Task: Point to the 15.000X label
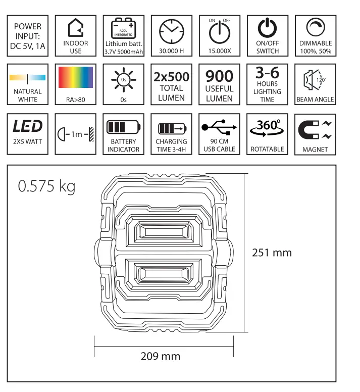220,51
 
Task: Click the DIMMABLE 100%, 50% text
315,47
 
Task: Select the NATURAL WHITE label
28,95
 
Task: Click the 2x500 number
172,77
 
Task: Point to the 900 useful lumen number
220,77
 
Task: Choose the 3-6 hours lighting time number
268,72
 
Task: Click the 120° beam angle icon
315,80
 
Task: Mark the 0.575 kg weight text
46,186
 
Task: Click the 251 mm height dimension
272,252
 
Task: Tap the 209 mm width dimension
160,356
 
